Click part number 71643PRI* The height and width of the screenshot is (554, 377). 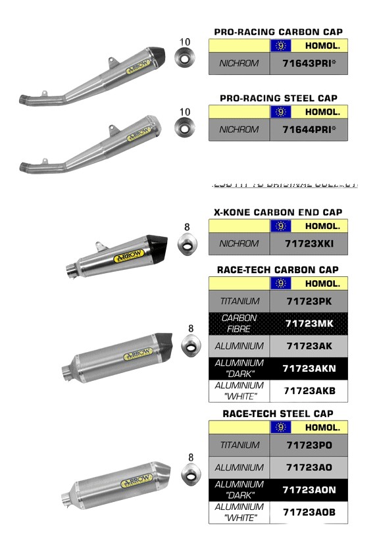pyautogui.click(x=309, y=64)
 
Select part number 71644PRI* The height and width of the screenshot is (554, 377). pyautogui.click(x=309, y=130)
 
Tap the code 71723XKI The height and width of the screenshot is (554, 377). pyautogui.click(x=309, y=243)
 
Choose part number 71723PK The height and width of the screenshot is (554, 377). pyautogui.click(x=309, y=301)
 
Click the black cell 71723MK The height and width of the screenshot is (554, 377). pyautogui.click(x=309, y=324)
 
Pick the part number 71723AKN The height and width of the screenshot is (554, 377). pyautogui.click(x=309, y=368)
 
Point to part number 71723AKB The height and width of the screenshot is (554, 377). pyautogui.click(x=309, y=390)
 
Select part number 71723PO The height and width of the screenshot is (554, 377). pyautogui.click(x=309, y=445)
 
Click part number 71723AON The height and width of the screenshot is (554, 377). pyautogui.click(x=309, y=490)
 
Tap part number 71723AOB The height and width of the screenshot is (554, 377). pyautogui.click(x=309, y=512)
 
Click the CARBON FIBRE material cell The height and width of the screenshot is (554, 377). pyautogui.click(x=239, y=324)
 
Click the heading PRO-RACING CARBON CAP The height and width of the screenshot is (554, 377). pyautogui.click(x=278, y=32)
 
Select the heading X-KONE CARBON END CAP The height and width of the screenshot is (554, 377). pyautogui.click(x=278, y=212)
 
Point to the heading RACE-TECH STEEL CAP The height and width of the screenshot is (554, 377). pyautogui.click(x=278, y=414)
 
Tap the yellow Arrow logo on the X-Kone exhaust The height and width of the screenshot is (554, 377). pyautogui.click(x=129, y=257)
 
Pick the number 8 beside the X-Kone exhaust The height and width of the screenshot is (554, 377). pyautogui.click(x=187, y=228)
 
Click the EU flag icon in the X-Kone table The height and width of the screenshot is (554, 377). pyautogui.click(x=281, y=226)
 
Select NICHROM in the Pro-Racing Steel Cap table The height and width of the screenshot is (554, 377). pyautogui.click(x=239, y=130)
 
